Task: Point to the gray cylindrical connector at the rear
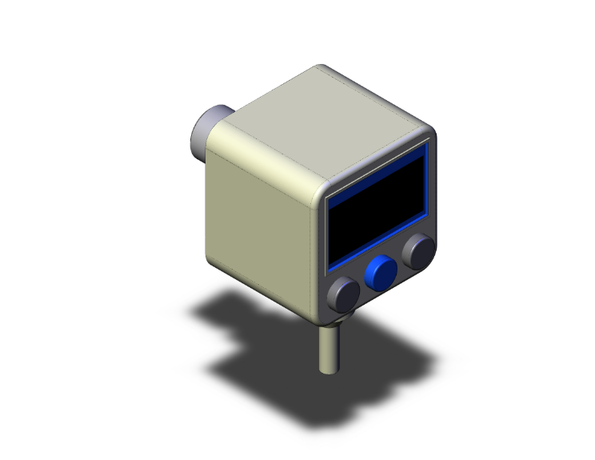pos(210,130)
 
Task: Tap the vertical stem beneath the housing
pos(328,348)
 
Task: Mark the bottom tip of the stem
pos(328,370)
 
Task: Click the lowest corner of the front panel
pos(326,312)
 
